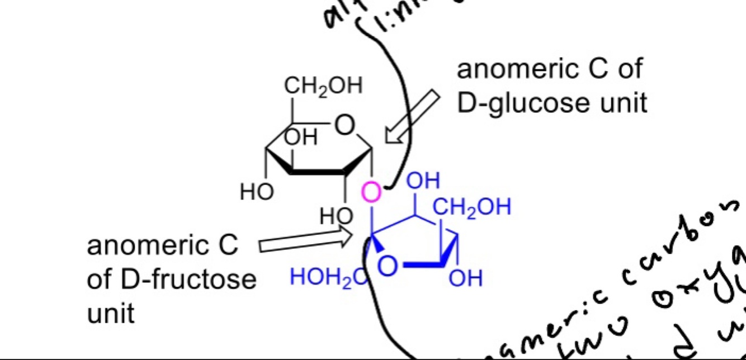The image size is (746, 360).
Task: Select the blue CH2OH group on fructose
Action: (472, 207)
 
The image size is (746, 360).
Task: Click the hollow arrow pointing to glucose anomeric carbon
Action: (412, 117)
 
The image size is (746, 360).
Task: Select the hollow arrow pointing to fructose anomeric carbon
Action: (305, 241)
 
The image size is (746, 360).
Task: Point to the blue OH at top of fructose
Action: (423, 181)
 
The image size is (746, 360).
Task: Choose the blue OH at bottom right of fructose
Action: (465, 278)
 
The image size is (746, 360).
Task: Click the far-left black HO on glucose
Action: (257, 193)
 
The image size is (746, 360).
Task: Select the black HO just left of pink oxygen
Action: (337, 215)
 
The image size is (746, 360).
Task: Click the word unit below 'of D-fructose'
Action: (111, 313)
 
